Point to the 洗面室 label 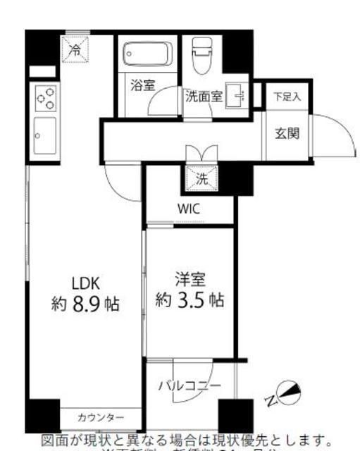coord(204,97)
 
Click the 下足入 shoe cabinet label coord(287,97)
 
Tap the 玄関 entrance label coord(287,132)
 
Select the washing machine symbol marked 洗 coord(202,179)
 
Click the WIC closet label coord(189,209)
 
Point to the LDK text coord(87,283)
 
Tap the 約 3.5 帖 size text coord(190,301)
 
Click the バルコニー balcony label coord(189,385)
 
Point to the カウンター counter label coord(101,417)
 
